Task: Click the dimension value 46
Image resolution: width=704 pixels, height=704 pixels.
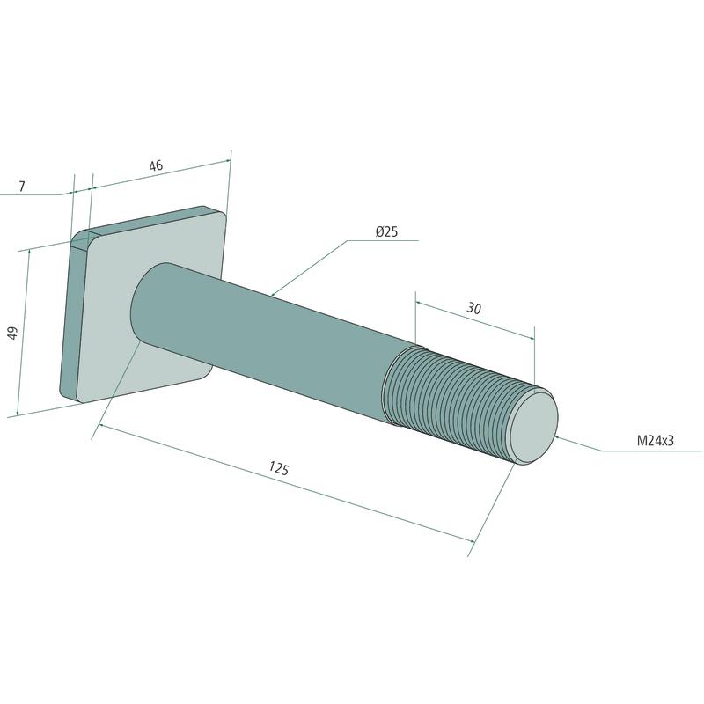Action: click(156, 165)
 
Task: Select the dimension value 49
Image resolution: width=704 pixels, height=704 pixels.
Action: click(13, 333)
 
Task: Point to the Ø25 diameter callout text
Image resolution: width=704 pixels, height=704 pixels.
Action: click(386, 231)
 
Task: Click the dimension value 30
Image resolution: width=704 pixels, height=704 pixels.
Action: click(474, 309)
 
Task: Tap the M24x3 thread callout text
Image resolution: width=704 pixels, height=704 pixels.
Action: click(656, 441)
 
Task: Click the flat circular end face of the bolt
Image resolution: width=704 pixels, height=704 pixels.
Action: click(534, 427)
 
